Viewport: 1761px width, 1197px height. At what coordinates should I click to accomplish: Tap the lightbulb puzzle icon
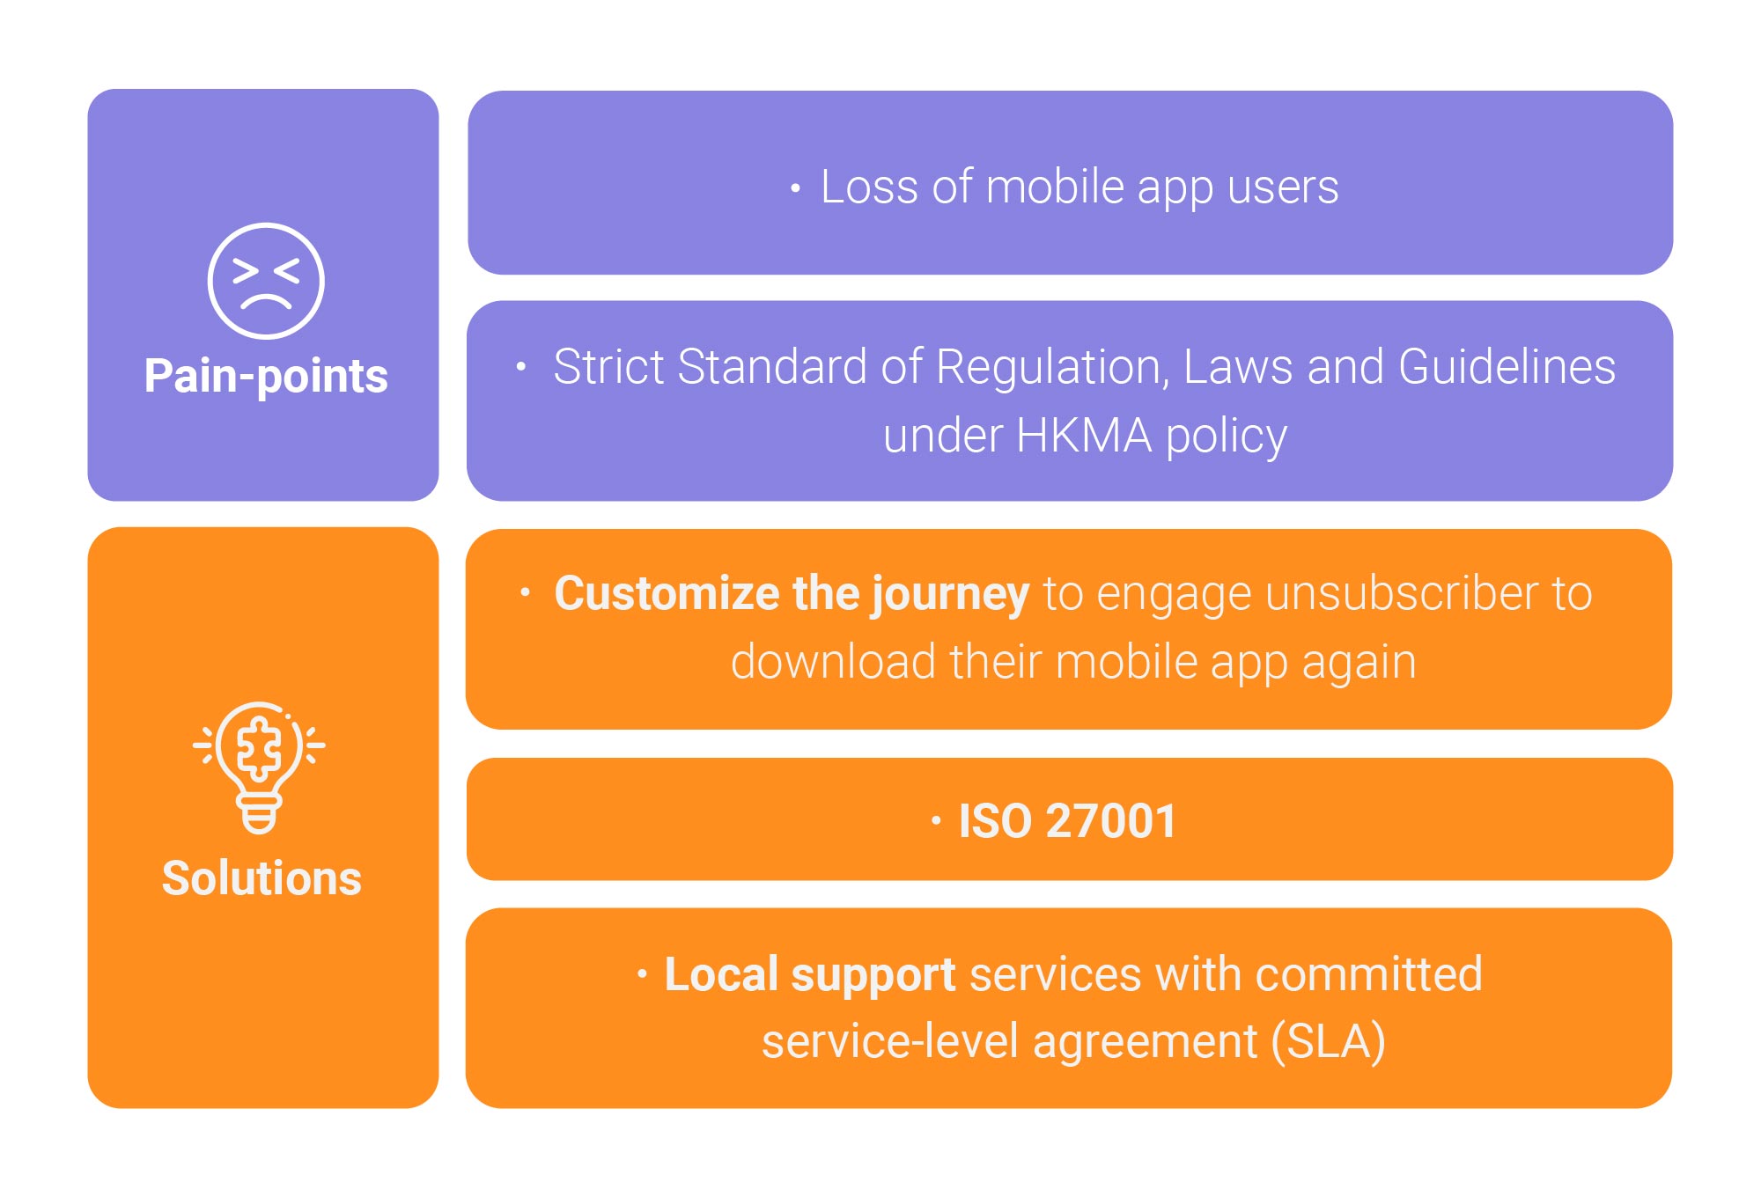coord(259,767)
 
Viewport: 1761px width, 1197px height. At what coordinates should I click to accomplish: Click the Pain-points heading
coord(266,377)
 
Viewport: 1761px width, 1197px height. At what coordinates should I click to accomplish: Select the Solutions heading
coord(262,878)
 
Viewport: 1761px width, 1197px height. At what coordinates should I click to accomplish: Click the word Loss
coord(869,187)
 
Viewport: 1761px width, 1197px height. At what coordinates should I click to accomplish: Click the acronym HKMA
coord(1084,436)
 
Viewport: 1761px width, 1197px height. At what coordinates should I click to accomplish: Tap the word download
coord(833,661)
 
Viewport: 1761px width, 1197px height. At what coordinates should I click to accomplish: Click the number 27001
coord(1111,821)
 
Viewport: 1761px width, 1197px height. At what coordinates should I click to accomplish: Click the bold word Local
coord(721,974)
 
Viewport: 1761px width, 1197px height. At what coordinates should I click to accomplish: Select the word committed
coord(1369,974)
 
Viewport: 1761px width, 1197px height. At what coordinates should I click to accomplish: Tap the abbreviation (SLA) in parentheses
coord(1328,1042)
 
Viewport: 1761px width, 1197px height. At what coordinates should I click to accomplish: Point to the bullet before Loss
coord(795,188)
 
